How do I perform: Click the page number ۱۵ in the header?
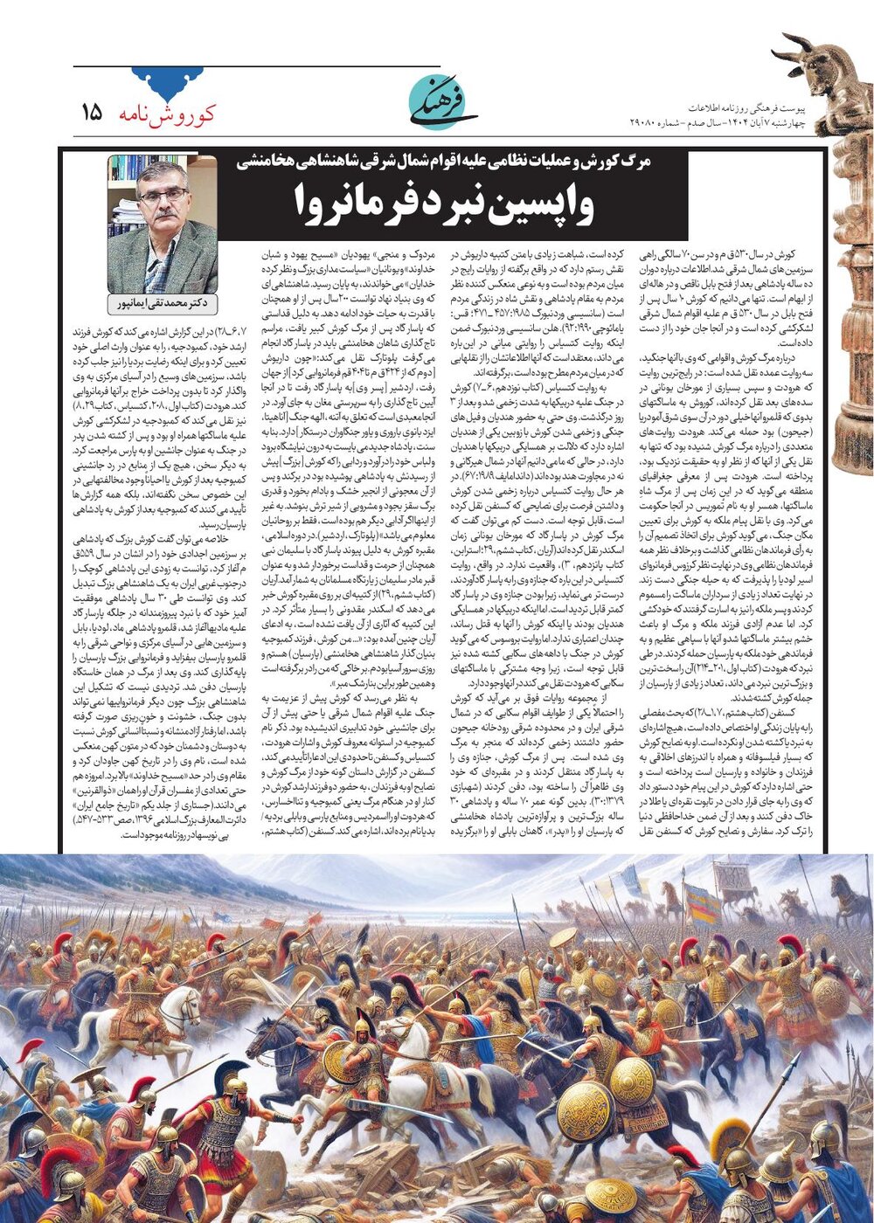(x=91, y=113)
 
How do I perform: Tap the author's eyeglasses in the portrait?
(x=163, y=196)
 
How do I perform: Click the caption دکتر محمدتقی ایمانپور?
(x=163, y=303)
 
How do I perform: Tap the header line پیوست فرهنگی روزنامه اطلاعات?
(x=746, y=107)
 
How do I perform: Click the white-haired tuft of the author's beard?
(x=163, y=229)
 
